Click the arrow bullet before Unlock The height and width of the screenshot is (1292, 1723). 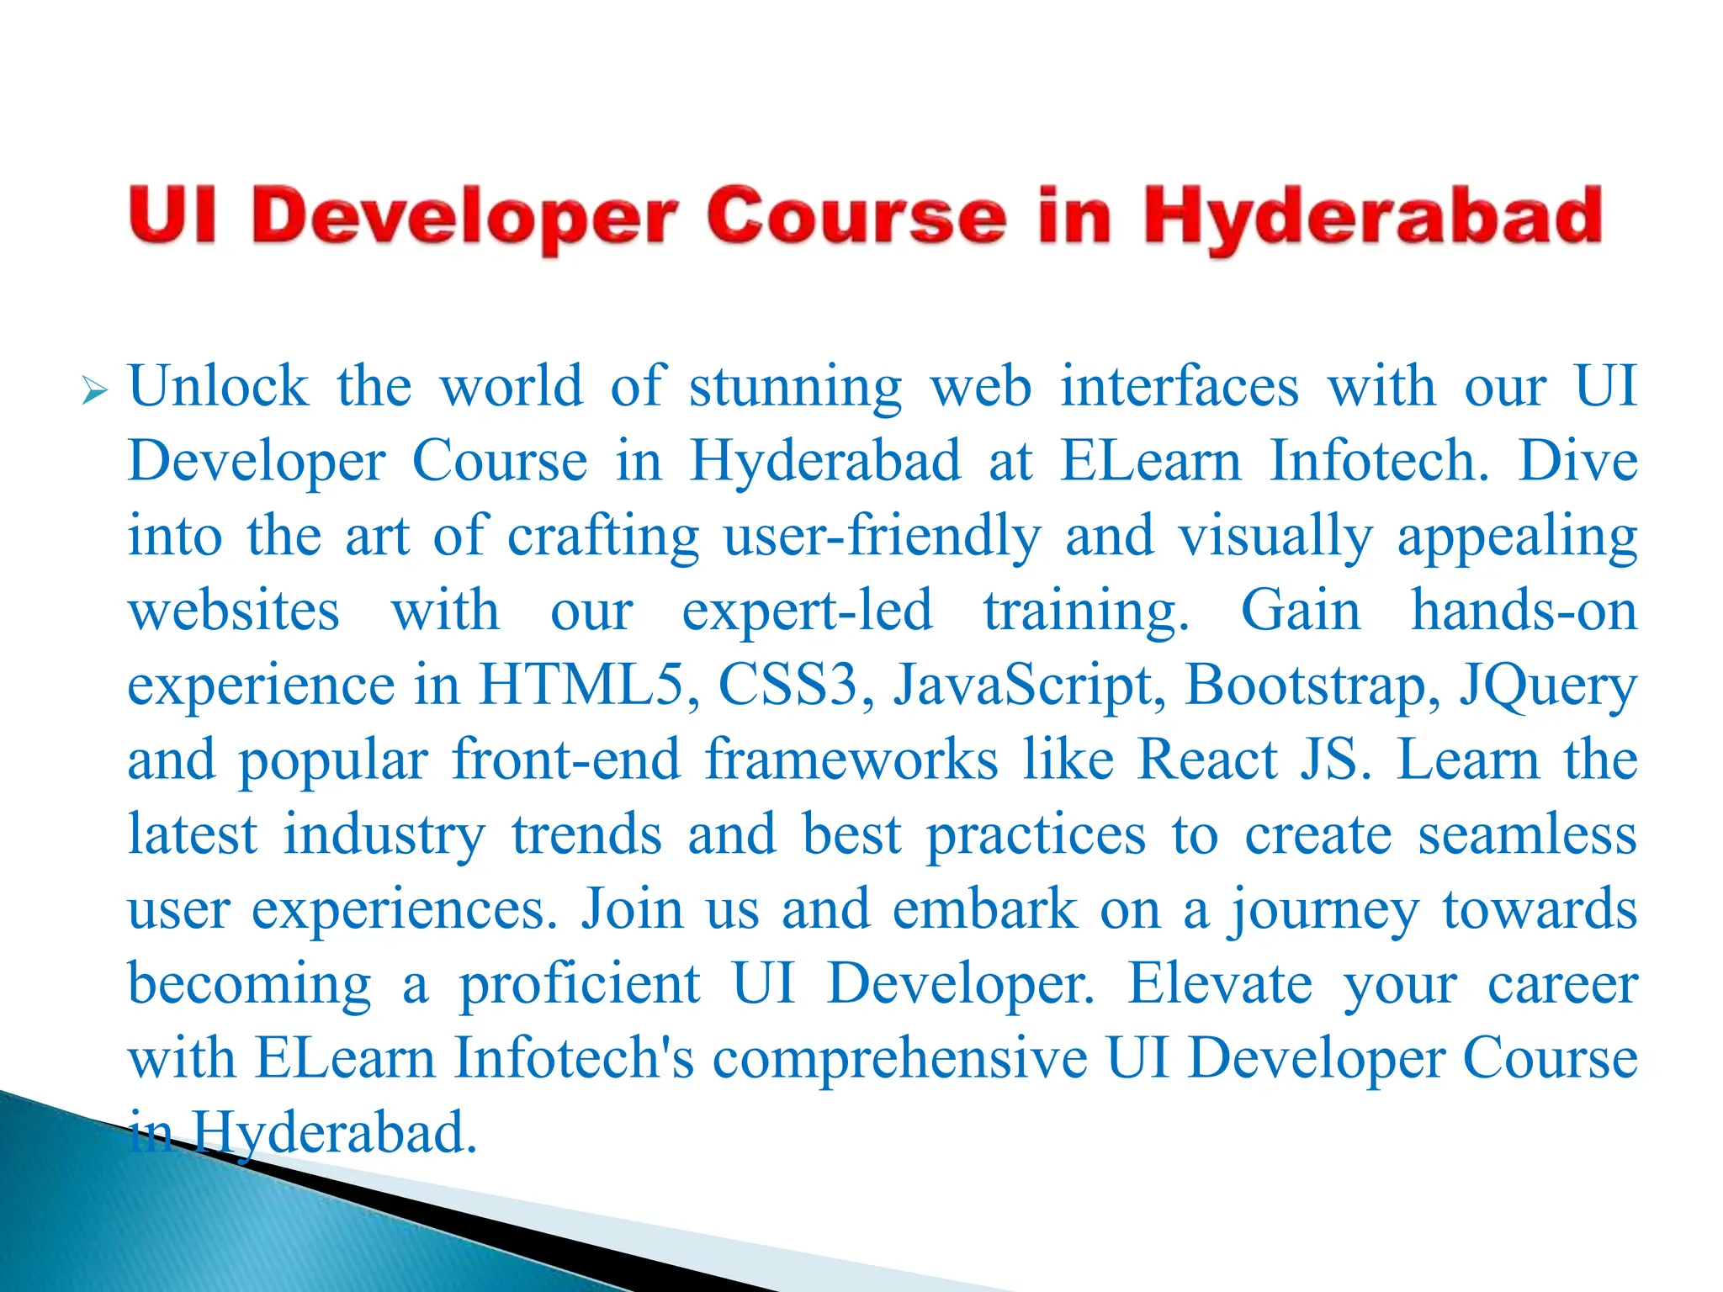click(95, 392)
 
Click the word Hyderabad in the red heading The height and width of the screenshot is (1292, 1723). click(1372, 218)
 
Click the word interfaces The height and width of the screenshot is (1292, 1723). click(1180, 387)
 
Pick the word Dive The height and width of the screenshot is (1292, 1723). click(1577, 461)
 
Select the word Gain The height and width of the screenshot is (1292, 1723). click(1300, 611)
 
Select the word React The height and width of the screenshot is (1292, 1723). click(1207, 760)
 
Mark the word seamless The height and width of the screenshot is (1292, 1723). click(1527, 835)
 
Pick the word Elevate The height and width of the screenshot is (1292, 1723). click(1219, 983)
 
